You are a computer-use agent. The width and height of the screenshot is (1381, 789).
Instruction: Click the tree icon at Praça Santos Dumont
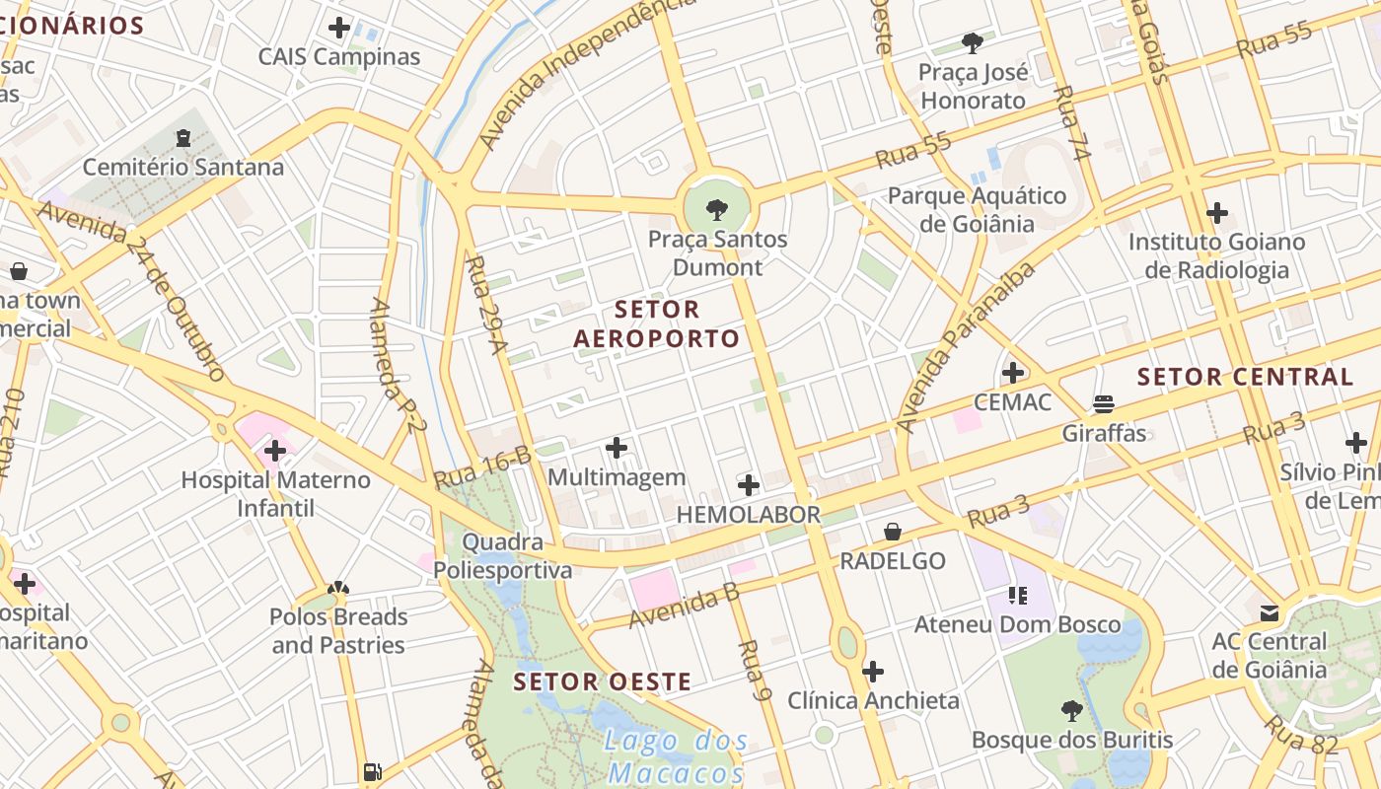coord(717,209)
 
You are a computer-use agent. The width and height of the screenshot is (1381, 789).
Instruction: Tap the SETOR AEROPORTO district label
coord(656,324)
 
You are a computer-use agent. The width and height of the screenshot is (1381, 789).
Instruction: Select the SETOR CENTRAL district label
coord(1245,377)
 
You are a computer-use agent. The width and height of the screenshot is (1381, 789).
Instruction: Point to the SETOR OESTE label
coord(602,681)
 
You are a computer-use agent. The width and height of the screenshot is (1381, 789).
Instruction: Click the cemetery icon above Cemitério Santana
coord(182,138)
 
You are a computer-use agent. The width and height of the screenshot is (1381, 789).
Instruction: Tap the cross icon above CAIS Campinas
coord(339,28)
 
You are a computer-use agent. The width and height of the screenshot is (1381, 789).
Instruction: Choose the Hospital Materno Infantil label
coord(275,494)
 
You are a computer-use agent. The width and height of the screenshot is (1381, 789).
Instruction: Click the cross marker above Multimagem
coord(617,449)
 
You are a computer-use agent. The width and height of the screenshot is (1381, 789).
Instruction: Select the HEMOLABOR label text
coord(748,514)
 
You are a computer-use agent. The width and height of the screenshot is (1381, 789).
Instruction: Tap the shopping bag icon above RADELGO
coord(893,532)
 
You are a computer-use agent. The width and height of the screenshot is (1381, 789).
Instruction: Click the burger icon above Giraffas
coord(1103,404)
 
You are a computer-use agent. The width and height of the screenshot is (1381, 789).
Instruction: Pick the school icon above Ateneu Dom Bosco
coord(1018,595)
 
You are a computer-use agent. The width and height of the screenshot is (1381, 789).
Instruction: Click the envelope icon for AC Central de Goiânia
coord(1270,612)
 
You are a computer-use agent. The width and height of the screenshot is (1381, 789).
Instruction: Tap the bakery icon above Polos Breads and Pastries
coord(338,589)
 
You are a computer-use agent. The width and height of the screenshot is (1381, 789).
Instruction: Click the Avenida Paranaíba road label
coord(967,347)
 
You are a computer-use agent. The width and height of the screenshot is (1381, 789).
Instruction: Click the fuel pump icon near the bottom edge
coord(372,771)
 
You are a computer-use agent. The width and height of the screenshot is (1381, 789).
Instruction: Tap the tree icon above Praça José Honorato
coord(973,42)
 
